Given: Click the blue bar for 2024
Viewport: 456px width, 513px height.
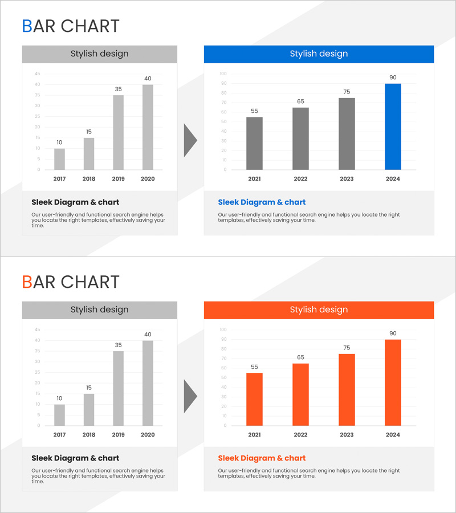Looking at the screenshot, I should tap(393, 127).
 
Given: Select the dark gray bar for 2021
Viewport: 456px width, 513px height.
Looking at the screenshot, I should tap(254, 143).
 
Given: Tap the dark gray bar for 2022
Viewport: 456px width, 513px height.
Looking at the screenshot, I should tap(300, 139).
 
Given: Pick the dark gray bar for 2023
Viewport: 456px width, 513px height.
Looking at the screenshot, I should tap(347, 134).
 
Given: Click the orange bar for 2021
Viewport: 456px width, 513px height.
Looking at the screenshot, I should tap(254, 399).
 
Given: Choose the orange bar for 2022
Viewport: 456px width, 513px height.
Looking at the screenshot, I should tap(300, 394).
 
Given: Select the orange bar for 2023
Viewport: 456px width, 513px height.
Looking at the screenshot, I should tap(347, 390).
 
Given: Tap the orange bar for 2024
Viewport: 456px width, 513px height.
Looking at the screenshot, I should tap(393, 382).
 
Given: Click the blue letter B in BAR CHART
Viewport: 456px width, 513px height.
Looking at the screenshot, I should tap(27, 26).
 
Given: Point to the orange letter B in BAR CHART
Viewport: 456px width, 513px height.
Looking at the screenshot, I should tap(27, 282).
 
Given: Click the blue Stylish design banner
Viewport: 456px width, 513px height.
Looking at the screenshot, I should tap(319, 54).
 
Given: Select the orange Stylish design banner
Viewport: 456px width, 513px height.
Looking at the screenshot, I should tap(319, 310).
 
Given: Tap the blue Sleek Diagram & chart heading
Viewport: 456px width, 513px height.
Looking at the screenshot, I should tap(262, 202).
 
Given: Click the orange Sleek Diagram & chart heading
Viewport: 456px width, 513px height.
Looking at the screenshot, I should tap(262, 458).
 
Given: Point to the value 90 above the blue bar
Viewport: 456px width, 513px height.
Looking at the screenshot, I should tap(393, 78).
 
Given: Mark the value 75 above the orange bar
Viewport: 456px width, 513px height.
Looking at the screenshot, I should tap(347, 348).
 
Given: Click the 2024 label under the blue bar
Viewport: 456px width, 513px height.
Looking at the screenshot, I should tap(393, 179).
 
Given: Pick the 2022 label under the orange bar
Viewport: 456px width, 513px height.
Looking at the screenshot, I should tap(300, 435).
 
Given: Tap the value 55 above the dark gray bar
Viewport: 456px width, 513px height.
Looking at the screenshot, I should tap(254, 111).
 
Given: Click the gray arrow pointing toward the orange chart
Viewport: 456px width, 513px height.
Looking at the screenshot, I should tap(189, 396).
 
